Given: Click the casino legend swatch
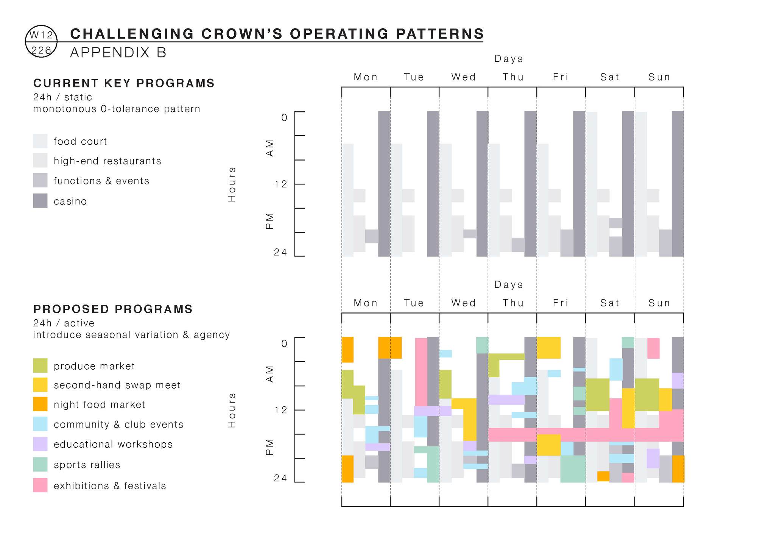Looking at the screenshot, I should [40, 201].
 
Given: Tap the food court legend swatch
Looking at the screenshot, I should [40, 141].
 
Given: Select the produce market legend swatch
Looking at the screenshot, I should [40, 365].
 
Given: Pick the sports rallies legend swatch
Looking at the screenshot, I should [40, 464].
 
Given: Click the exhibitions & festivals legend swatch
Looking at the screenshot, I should [40, 485].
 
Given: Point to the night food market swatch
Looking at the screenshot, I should [40, 404].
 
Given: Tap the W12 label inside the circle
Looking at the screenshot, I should [41, 35].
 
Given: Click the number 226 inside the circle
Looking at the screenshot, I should [41, 50].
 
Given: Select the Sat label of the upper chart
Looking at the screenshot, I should [610, 77].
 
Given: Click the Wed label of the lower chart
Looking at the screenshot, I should [463, 303].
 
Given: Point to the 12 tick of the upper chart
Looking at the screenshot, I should [281, 184].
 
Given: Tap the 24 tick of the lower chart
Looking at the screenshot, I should [281, 478].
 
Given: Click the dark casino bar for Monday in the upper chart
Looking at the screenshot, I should [384, 184].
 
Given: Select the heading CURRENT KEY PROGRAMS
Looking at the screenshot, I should [124, 83].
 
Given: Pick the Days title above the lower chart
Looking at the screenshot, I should [509, 284].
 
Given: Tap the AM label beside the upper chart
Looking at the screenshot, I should [269, 148].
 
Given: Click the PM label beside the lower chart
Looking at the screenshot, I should [269, 447].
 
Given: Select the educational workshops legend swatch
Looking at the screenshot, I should [40, 444].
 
